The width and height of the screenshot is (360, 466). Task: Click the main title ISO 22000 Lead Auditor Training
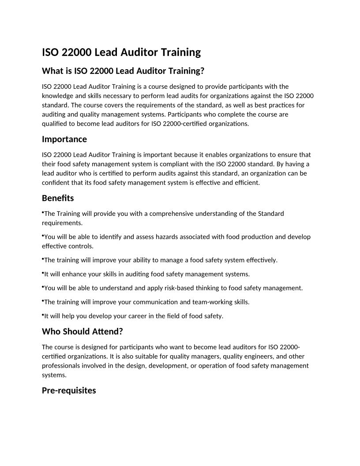(x=121, y=53)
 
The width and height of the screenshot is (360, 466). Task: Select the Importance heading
(x=64, y=139)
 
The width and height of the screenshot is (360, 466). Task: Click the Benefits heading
(x=58, y=198)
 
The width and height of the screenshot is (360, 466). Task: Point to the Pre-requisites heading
(x=69, y=391)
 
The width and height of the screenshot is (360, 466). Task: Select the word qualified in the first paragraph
(x=55, y=124)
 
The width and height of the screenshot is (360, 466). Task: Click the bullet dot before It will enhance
(x=43, y=273)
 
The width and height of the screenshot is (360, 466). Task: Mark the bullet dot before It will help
(x=43, y=315)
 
